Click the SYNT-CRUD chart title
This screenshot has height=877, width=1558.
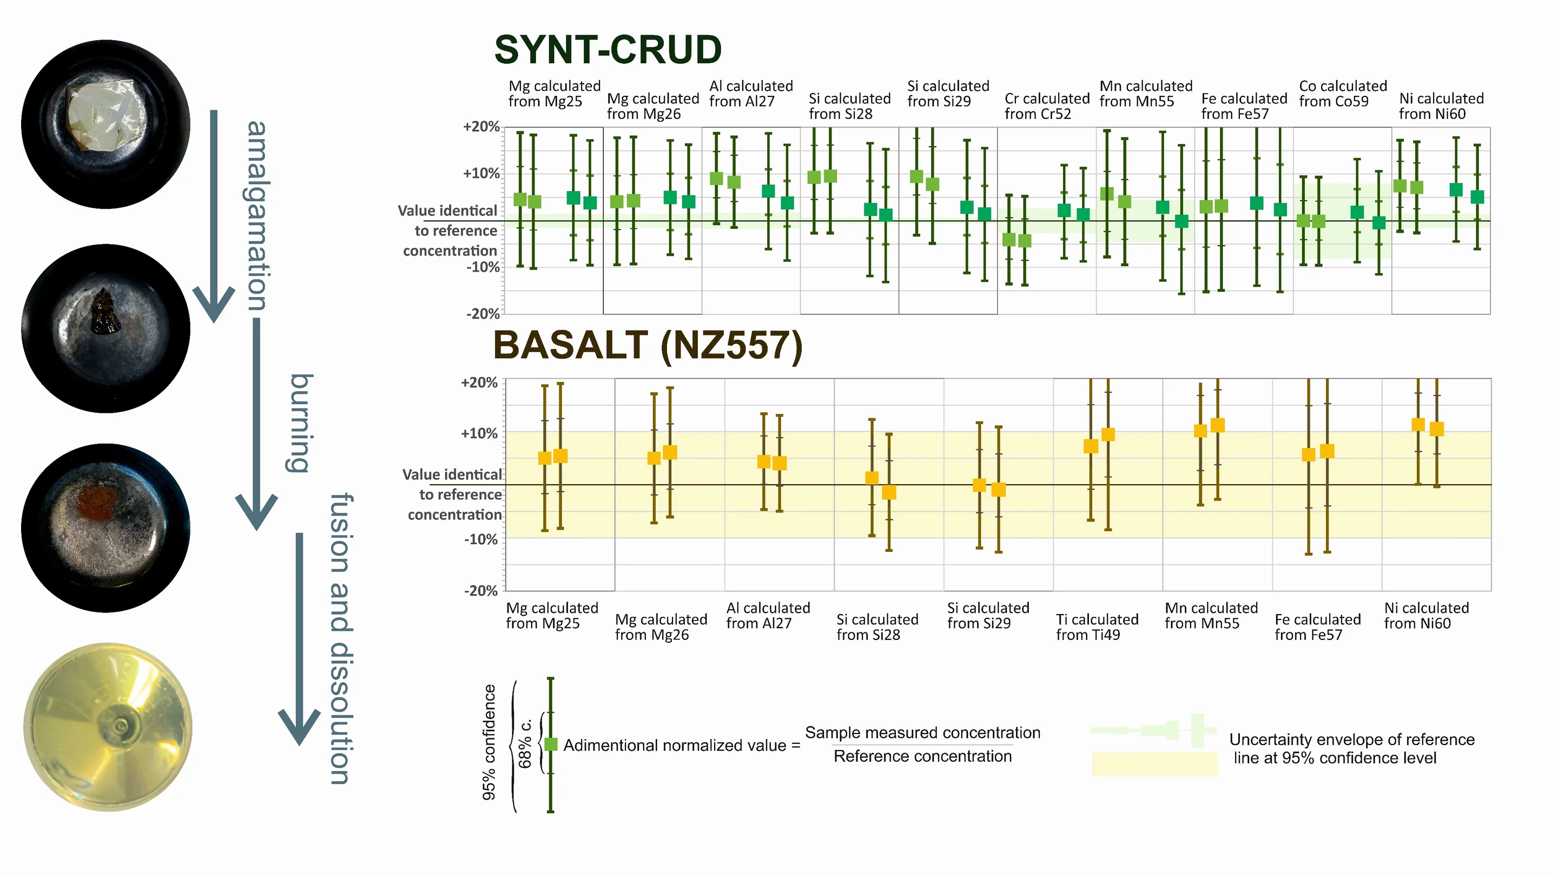click(x=608, y=50)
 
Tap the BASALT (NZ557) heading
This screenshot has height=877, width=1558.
click(x=648, y=346)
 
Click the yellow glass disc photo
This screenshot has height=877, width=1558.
click(x=108, y=727)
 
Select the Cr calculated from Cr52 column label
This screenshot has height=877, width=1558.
click(x=1047, y=107)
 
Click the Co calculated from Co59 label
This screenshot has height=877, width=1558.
click(x=1343, y=94)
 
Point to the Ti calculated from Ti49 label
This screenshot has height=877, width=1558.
click(x=1097, y=627)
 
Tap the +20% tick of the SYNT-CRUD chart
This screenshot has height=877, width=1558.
click(x=481, y=127)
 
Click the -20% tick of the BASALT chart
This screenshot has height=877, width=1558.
click(x=480, y=591)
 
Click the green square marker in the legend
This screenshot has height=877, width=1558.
click(x=550, y=744)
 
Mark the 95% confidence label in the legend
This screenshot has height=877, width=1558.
click(x=488, y=743)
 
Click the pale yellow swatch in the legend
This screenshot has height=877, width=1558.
click(x=1154, y=764)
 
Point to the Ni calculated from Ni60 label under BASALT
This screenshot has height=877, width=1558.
click(x=1426, y=616)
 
